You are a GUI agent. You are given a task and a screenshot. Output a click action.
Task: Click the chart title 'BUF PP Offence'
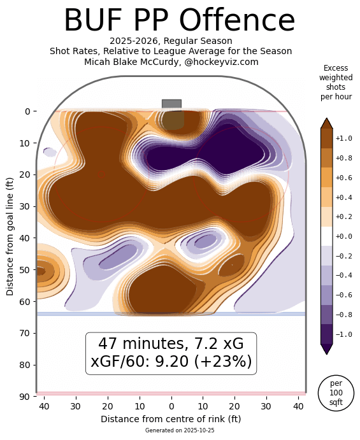click(x=179, y=20)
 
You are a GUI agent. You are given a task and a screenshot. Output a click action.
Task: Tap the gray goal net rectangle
click(x=171, y=104)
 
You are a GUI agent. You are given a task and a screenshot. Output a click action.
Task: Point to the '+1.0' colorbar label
click(x=344, y=138)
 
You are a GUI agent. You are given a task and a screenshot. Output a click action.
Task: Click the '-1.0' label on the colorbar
click(x=344, y=334)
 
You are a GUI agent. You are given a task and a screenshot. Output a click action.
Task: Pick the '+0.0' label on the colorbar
click(x=344, y=236)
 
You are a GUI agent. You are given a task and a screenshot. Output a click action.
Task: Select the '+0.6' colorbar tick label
click(x=344, y=178)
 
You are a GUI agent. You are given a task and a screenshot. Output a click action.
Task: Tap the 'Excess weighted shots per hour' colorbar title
click(x=336, y=82)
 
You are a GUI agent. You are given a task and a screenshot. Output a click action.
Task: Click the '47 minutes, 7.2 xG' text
click(x=171, y=344)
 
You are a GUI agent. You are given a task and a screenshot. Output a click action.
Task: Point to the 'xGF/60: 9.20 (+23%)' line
click(x=171, y=362)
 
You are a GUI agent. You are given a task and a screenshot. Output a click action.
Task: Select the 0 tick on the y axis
click(x=28, y=111)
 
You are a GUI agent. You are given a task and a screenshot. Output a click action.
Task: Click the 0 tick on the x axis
click(x=171, y=406)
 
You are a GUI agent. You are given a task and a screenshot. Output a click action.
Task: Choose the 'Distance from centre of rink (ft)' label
click(x=171, y=419)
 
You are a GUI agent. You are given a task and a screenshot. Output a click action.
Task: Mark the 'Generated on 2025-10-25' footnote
click(x=171, y=431)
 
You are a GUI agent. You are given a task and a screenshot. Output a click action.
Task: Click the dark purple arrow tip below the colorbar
click(x=326, y=350)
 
